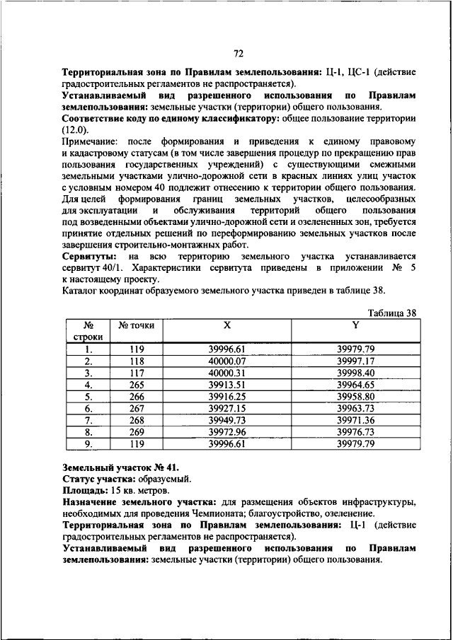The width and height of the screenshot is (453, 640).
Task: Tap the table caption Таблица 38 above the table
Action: click(392, 313)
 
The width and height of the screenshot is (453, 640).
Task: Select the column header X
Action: click(226, 325)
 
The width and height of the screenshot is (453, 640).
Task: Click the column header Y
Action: click(355, 325)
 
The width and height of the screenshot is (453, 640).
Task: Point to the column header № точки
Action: click(136, 325)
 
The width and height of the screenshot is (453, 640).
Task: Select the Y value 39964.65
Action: click(355, 385)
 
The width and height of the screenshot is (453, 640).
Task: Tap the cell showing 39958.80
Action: click(355, 397)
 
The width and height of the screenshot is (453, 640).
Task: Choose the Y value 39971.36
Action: click(355, 420)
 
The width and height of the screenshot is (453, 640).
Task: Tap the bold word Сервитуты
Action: click(88, 255)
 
